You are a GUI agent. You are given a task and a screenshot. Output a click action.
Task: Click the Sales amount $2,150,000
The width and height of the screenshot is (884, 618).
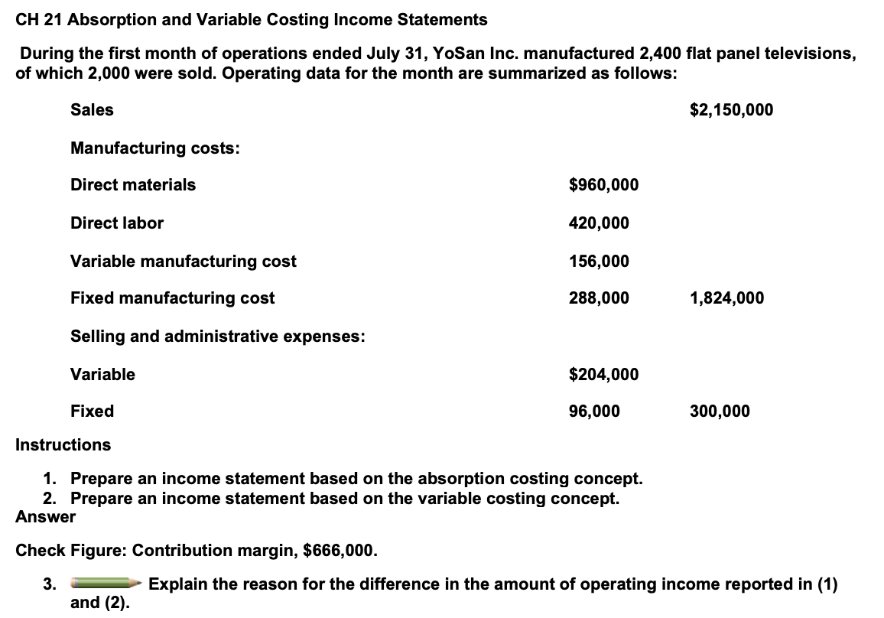tap(730, 110)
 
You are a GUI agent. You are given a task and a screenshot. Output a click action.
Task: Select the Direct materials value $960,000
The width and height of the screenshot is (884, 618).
tap(604, 185)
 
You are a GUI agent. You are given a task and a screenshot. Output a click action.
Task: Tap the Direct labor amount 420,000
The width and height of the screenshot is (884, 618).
tap(599, 223)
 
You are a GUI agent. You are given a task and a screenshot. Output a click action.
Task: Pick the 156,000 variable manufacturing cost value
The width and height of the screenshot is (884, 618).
tap(599, 262)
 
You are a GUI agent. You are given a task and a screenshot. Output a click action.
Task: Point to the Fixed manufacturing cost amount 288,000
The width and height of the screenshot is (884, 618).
tap(599, 298)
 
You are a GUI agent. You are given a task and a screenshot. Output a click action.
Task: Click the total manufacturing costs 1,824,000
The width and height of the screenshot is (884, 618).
tap(726, 298)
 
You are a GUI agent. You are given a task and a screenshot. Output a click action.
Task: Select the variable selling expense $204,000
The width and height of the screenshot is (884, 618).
tap(604, 374)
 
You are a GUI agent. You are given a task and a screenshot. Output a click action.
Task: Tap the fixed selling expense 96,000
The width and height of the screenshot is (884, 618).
tap(594, 411)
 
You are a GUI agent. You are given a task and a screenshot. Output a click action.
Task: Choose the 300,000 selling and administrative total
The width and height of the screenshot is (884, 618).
tap(720, 411)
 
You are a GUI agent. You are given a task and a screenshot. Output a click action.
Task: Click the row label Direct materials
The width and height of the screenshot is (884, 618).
tap(133, 185)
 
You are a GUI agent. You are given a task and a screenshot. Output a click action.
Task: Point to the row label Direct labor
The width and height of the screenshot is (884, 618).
tap(117, 223)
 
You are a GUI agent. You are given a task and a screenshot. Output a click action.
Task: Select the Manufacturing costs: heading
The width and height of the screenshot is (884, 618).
tap(154, 148)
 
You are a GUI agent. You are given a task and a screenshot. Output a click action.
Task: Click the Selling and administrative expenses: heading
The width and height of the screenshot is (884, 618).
tap(217, 337)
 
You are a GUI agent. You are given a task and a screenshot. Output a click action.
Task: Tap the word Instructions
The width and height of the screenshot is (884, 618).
tap(63, 445)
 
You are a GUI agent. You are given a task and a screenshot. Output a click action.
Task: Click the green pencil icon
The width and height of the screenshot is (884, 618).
tap(106, 585)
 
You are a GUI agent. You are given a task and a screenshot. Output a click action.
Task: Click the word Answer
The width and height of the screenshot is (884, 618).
tap(46, 517)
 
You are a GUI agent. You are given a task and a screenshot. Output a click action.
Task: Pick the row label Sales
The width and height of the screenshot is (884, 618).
tap(92, 110)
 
